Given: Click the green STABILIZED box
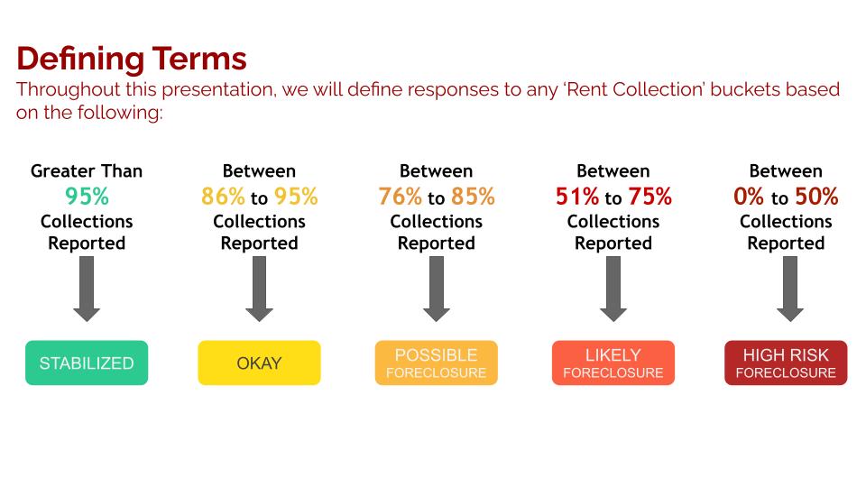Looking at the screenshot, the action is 87,363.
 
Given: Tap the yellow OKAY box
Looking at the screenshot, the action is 259,363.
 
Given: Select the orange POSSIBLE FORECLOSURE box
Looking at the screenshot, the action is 437,363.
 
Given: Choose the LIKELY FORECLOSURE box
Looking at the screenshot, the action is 613,363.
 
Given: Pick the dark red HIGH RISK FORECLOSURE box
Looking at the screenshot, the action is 786,363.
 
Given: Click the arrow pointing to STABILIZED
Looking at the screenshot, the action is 87,289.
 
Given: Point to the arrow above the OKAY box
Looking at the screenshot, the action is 259,289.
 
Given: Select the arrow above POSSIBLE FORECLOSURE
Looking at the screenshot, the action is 437,289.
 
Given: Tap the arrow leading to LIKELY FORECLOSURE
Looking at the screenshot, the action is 613,289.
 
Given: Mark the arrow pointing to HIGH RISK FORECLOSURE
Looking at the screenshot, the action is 790,289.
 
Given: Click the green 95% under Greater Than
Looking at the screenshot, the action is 87,197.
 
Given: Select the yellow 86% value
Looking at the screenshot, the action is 223,197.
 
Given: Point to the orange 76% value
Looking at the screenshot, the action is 401,197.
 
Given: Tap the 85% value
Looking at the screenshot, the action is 473,197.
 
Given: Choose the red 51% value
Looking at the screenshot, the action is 577,197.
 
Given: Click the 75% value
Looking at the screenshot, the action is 650,197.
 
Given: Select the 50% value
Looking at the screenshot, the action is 817,197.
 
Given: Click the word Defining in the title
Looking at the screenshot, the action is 80,60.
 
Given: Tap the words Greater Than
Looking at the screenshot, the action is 87,171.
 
